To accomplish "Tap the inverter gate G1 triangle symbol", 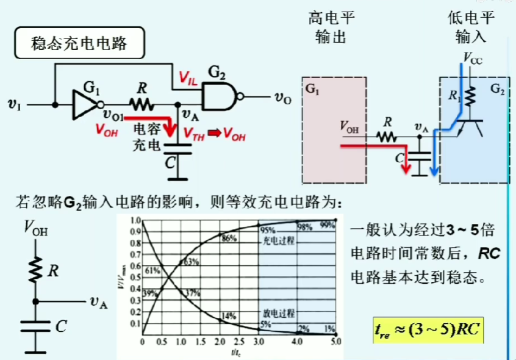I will point(86,104).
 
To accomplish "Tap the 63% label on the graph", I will point(191,262).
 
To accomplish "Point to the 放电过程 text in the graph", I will point(279,313).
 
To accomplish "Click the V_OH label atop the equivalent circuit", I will point(36,229).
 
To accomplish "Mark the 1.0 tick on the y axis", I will point(137,220).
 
